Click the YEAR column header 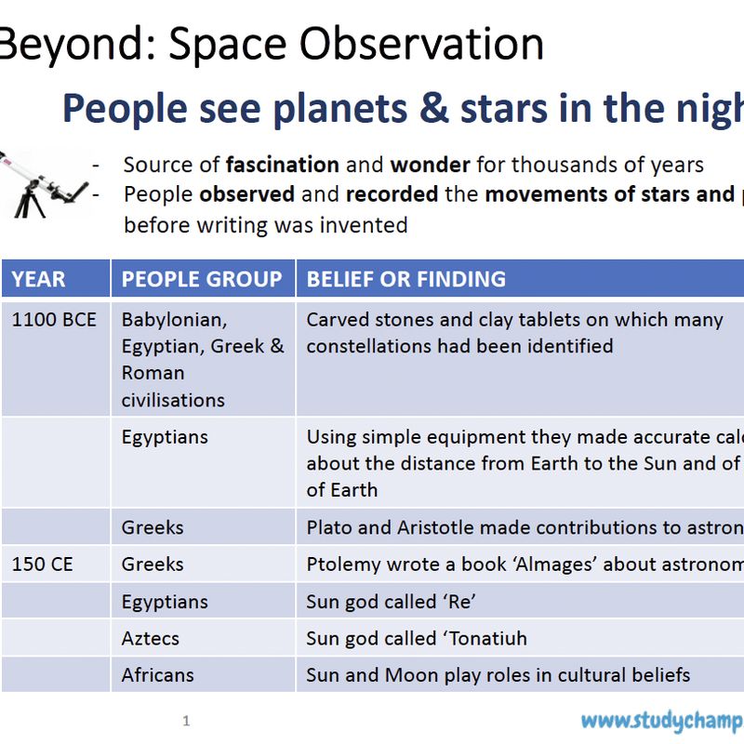[x=39, y=279]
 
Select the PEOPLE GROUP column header [x=202, y=279]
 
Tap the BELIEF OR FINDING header [x=406, y=279]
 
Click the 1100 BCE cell [x=54, y=320]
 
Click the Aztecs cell [x=151, y=638]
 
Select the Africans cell [x=157, y=675]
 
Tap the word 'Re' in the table [x=459, y=602]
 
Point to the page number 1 [x=186, y=721]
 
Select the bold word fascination [x=282, y=166]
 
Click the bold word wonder [x=430, y=166]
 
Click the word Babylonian [x=174, y=320]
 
